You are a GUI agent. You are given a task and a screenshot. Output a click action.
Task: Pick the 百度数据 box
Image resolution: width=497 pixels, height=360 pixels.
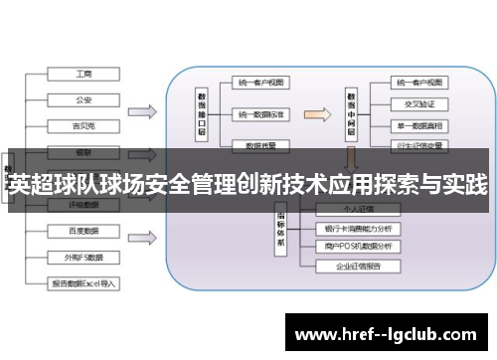pos(84,231)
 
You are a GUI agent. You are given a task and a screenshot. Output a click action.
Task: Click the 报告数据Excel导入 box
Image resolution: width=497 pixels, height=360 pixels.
pos(84,283)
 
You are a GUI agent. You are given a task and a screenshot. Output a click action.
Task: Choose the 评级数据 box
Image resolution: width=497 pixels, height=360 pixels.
pos(84,206)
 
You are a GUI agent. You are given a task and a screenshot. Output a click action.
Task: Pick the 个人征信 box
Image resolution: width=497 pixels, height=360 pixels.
pos(356,209)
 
